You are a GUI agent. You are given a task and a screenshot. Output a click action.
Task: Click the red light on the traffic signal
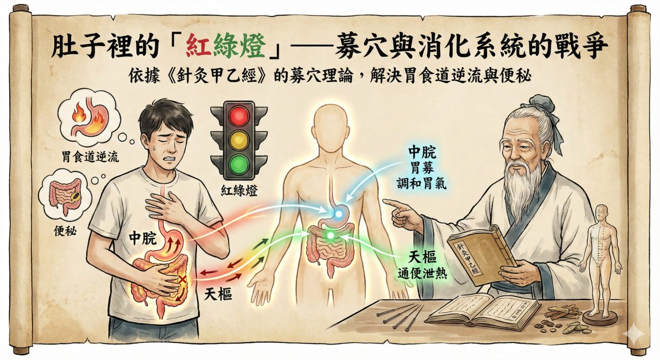point(239,116)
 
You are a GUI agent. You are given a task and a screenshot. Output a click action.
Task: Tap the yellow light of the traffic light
point(239,140)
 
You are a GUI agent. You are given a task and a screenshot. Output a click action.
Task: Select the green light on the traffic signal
point(239,164)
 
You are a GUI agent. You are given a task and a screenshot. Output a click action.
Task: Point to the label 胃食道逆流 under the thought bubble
point(90,157)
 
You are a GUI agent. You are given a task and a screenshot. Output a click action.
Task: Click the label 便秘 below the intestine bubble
point(65,231)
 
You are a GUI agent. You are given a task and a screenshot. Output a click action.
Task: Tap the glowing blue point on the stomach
point(338,214)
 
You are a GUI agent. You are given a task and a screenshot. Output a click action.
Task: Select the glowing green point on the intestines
point(330,235)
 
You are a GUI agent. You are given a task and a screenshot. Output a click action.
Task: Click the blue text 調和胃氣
point(421,183)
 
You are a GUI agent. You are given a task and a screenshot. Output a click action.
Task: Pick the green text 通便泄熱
point(422,273)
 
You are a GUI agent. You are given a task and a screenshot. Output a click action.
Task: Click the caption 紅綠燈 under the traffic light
point(239,190)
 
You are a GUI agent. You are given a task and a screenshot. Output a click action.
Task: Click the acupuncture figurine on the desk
point(600,262)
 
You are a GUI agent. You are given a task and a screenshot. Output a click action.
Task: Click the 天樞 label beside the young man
point(218,294)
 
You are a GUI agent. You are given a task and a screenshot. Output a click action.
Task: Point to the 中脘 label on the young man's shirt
point(143,238)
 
